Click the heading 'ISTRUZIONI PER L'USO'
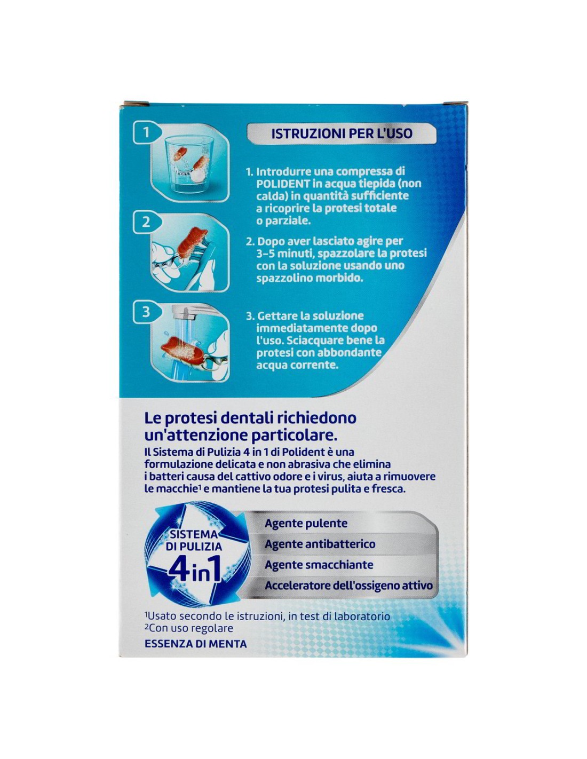[x=342, y=133]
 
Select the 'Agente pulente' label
[x=306, y=533]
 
